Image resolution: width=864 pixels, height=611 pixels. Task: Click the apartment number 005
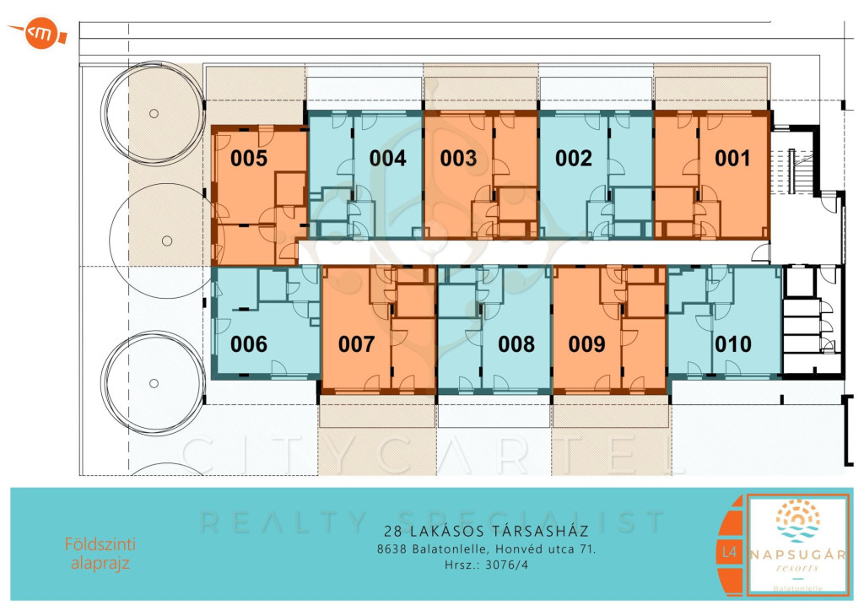pyautogui.click(x=249, y=159)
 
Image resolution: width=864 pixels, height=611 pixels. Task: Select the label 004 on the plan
pyautogui.click(x=388, y=159)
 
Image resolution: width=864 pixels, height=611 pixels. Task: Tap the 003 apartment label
pyautogui.click(x=458, y=159)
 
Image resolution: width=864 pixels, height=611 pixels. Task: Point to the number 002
pyautogui.click(x=574, y=159)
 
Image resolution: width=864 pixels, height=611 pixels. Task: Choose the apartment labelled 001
pyautogui.click(x=732, y=159)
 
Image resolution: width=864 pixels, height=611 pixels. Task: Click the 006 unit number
pyautogui.click(x=249, y=344)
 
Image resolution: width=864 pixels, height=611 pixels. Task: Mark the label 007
pyautogui.click(x=357, y=344)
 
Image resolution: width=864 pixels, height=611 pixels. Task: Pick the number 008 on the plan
pyautogui.click(x=516, y=344)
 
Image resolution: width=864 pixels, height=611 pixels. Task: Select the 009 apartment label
pyautogui.click(x=587, y=344)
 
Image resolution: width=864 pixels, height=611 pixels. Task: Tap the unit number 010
pyautogui.click(x=733, y=344)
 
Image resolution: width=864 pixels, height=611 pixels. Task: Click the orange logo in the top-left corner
pyautogui.click(x=39, y=34)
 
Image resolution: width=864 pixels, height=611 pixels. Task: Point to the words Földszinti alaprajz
pyautogui.click(x=100, y=554)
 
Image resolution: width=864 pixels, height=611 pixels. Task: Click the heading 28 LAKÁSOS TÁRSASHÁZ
pyautogui.click(x=487, y=531)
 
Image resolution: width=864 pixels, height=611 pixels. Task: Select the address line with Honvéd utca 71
pyautogui.click(x=487, y=549)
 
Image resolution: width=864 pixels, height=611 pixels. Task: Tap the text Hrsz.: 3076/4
pyautogui.click(x=487, y=565)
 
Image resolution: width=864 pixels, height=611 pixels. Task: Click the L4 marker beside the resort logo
pyautogui.click(x=729, y=551)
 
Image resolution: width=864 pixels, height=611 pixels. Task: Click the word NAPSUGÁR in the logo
pyautogui.click(x=797, y=554)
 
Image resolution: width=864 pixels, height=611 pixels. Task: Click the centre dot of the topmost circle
pyautogui.click(x=154, y=113)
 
